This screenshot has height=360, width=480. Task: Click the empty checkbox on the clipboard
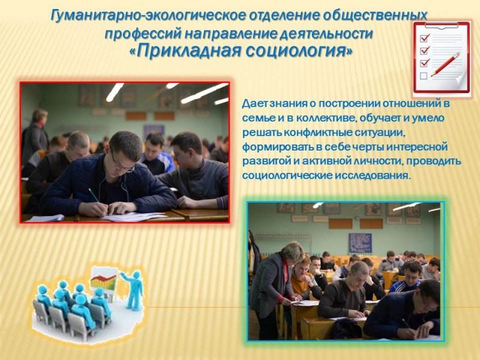(x=424, y=76)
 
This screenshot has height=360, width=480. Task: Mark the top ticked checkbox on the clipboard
(x=425, y=38)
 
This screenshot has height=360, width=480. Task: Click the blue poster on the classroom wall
(x=361, y=242)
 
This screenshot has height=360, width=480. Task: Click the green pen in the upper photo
(x=93, y=195)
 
